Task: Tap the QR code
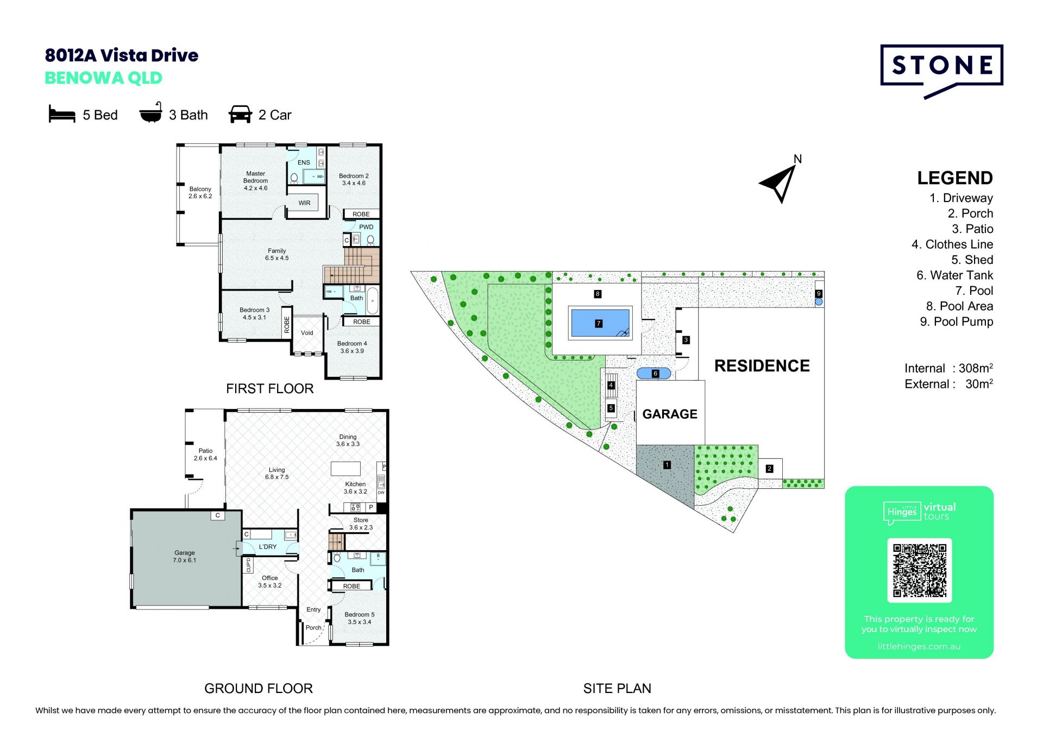(919, 570)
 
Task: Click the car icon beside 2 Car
(240, 114)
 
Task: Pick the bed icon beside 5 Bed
(62, 114)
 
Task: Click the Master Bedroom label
(255, 181)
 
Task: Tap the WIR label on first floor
(304, 203)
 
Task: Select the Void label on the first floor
(307, 333)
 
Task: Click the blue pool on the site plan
(600, 323)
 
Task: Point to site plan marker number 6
(655, 374)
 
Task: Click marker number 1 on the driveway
(667, 465)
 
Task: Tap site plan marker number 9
(819, 294)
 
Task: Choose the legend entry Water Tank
(954, 275)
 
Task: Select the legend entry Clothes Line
(952, 244)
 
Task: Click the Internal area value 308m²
(976, 368)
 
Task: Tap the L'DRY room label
(268, 547)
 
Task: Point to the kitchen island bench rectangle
(346, 469)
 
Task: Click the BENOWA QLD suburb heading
(103, 78)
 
